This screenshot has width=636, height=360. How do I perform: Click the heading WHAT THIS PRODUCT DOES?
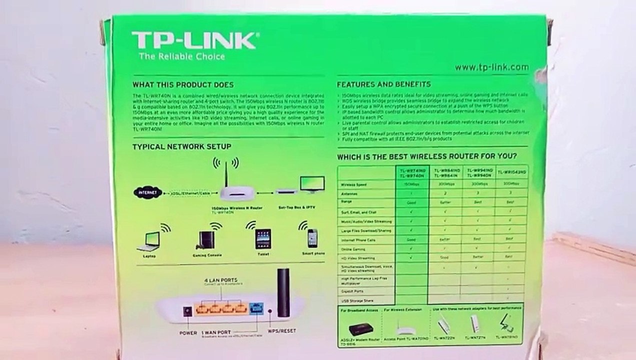182,85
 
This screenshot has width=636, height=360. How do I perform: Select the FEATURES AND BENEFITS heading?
383,84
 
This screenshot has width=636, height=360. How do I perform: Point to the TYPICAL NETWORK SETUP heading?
181,146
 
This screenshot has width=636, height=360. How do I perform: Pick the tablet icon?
262,239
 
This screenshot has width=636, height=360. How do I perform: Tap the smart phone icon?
312,238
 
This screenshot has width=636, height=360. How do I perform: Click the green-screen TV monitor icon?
312,183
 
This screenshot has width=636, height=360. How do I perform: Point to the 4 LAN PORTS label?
220,279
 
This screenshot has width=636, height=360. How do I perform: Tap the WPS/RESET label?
282,331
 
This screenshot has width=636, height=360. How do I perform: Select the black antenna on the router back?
283,292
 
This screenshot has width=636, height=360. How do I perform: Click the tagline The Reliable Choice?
182,56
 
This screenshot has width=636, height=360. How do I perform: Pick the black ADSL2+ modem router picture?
361,328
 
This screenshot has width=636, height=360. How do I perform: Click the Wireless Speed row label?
353,185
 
